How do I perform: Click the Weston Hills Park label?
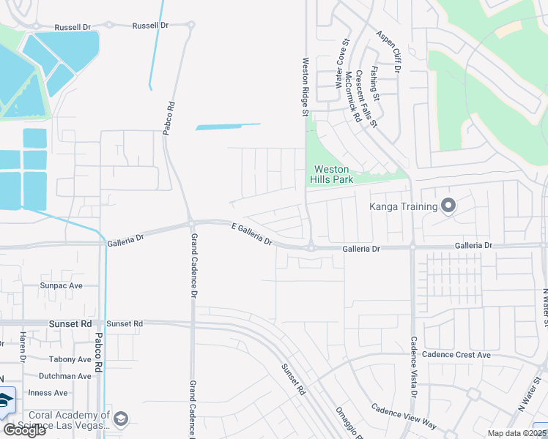tap(333, 174)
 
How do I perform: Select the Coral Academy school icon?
tap(121, 419)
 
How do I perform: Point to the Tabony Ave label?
tap(71, 359)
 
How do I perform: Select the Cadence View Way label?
tap(403, 417)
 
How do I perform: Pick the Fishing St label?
tap(375, 83)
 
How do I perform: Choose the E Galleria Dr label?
tap(251, 234)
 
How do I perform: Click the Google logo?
tap(24, 430)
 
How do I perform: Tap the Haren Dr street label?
tap(23, 348)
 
